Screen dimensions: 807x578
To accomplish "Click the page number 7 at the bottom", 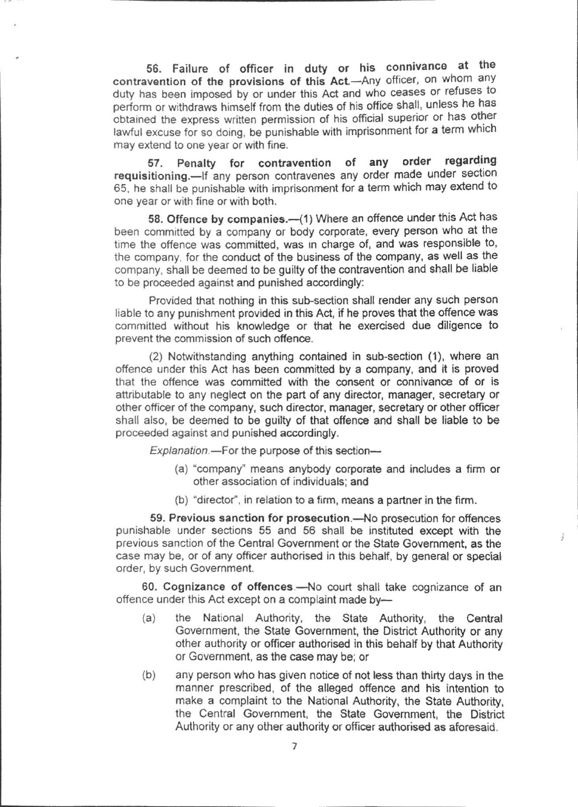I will (295, 746).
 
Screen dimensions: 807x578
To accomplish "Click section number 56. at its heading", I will (154, 69).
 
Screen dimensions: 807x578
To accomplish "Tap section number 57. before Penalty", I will (156, 163).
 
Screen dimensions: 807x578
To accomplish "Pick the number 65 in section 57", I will (122, 189).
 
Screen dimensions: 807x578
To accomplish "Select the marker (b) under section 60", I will (148, 676).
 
